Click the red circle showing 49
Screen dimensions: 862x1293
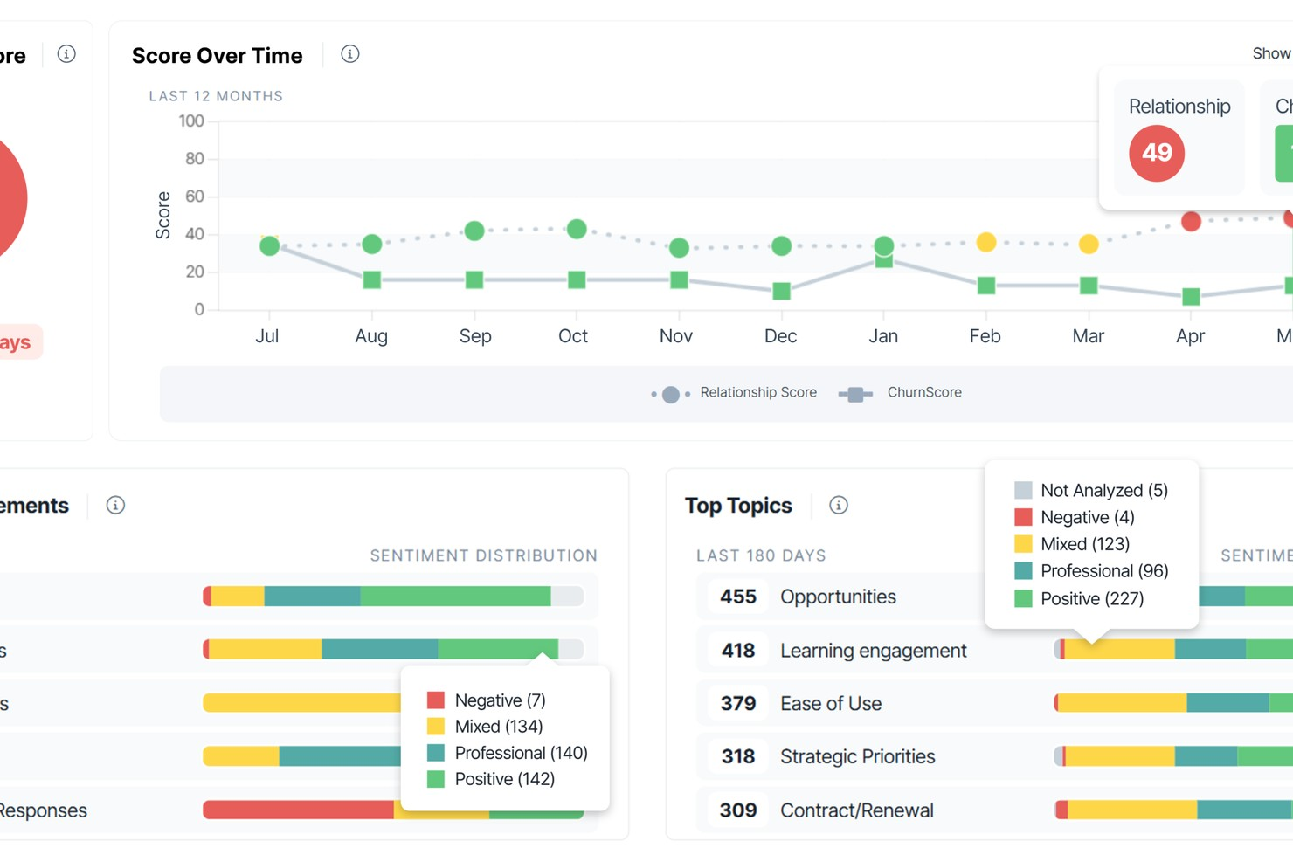click(x=1156, y=154)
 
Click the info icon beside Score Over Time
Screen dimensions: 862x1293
click(x=349, y=54)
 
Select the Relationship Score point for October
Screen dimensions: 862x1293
click(x=577, y=230)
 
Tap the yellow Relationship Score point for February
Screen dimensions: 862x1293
click(x=985, y=243)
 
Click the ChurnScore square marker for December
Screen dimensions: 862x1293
click(x=781, y=291)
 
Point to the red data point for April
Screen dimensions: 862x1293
click(x=1190, y=222)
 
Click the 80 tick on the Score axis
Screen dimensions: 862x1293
click(x=194, y=159)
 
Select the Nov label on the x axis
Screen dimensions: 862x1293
click(x=676, y=336)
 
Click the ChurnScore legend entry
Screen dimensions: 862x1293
click(x=923, y=393)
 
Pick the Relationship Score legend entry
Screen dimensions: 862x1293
click(x=757, y=393)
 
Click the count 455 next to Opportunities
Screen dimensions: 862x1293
click(x=737, y=597)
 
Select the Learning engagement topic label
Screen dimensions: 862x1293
click(x=873, y=651)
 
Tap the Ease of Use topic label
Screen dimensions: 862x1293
click(x=830, y=704)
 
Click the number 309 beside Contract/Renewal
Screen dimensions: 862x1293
click(x=737, y=810)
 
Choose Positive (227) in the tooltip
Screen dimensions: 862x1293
click(x=1091, y=599)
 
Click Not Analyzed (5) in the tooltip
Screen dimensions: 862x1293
click(x=1103, y=491)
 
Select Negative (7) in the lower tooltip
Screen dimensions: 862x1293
click(x=499, y=700)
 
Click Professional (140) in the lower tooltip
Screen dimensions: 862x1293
click(x=520, y=753)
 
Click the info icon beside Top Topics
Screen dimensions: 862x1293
click(x=838, y=506)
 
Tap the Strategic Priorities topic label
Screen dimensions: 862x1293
click(x=857, y=757)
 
